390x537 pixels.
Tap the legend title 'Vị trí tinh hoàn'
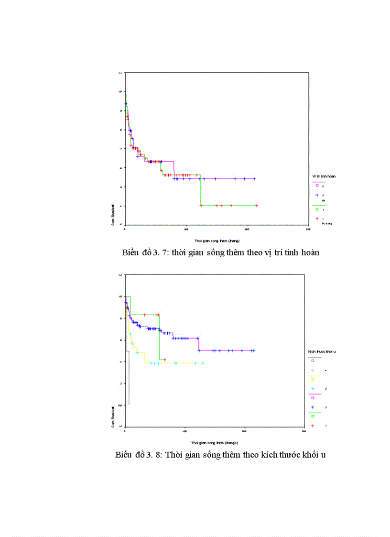point(324,177)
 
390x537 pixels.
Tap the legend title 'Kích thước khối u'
point(322,351)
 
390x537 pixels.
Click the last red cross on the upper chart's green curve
point(257,206)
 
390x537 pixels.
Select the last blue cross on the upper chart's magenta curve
point(254,179)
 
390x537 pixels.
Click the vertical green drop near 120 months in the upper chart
point(201,191)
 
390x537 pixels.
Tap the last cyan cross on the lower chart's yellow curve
point(203,363)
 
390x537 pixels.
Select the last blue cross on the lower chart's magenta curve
point(253,351)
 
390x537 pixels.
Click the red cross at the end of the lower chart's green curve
point(164,360)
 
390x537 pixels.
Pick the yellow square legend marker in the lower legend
point(313,379)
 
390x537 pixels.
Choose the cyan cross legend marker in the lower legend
point(313,388)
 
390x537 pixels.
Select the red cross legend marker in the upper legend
point(316,219)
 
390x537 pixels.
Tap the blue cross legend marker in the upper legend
point(316,195)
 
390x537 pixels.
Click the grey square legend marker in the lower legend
point(313,361)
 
